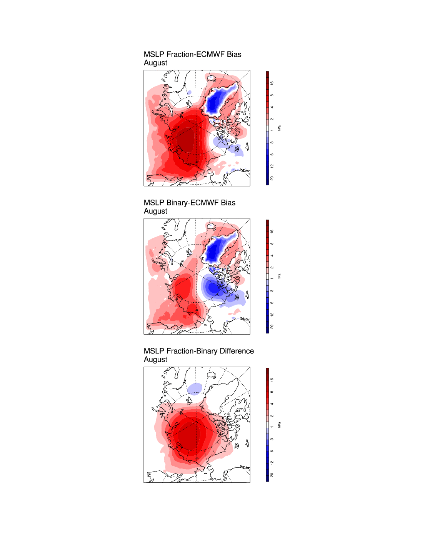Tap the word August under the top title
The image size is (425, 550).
(155, 63)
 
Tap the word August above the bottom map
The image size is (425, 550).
(155, 360)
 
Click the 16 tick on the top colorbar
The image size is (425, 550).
(272, 83)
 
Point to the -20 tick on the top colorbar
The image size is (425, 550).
(272, 178)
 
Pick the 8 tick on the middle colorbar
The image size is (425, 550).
(272, 243)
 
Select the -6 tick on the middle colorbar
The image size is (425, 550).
(272, 303)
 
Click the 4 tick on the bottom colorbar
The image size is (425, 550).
(272, 404)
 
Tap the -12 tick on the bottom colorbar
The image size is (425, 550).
(272, 463)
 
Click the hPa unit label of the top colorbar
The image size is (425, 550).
(279, 128)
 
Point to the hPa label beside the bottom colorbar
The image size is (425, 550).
(279, 425)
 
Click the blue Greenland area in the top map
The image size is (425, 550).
(214, 101)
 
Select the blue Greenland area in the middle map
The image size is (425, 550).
(214, 250)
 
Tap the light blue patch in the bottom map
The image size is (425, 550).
(195, 388)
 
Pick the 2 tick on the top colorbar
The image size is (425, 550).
(272, 119)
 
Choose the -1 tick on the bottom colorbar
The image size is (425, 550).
(272, 428)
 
